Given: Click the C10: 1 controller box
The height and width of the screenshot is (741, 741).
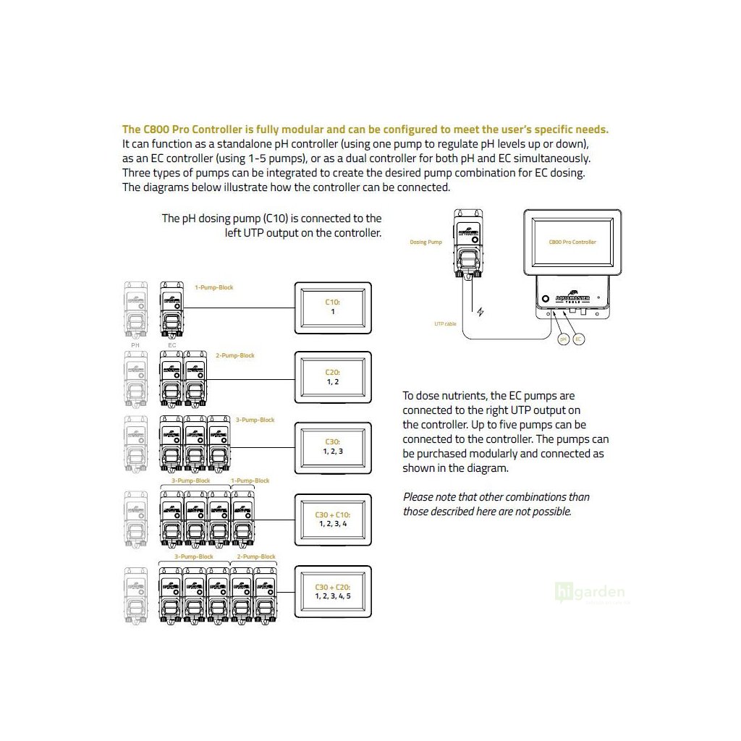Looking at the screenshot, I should pos(332,308).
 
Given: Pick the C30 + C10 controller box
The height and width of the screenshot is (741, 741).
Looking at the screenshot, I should pos(332,520).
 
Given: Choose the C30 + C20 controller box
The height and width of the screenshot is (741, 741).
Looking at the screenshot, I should pos(332,591).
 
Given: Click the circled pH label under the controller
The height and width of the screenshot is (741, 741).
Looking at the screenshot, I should pos(563,339).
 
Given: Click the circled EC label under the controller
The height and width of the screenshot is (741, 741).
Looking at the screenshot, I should pos(578,339).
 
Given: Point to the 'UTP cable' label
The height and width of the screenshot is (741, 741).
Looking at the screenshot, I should pos(445,324).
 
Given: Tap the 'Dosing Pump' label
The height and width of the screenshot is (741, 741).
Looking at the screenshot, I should pos(425,242).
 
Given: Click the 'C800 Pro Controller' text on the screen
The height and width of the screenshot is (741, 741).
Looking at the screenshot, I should pos(572,242).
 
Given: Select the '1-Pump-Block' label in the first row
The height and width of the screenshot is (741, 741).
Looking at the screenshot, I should pos(214,287).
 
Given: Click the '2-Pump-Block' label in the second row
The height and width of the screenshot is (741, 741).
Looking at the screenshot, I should pos(235,356).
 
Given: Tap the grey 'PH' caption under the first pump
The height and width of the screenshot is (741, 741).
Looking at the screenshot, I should pos(135,345).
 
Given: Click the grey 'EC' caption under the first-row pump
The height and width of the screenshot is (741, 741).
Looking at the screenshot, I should pos(172,345).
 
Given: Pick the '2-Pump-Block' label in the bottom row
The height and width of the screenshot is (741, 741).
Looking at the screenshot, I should pos(257,556).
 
